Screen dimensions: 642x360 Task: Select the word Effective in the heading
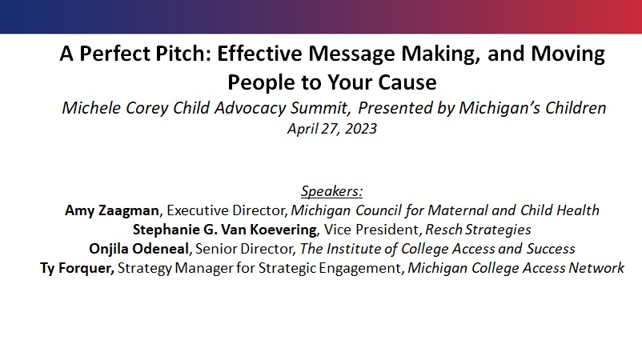(x=259, y=54)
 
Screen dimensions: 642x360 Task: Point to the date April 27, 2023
(x=332, y=129)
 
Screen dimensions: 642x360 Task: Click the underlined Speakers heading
(x=332, y=191)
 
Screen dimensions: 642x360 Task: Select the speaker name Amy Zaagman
(x=112, y=210)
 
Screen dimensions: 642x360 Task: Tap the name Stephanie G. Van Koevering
(x=225, y=230)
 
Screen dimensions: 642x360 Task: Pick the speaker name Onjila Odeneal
(x=138, y=249)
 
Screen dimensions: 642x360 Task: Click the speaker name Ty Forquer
(x=77, y=268)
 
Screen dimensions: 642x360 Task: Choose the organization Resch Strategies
(x=478, y=230)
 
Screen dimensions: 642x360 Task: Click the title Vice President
(x=371, y=230)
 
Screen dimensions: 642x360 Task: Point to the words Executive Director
(x=226, y=210)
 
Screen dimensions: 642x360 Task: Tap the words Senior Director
(x=244, y=249)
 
